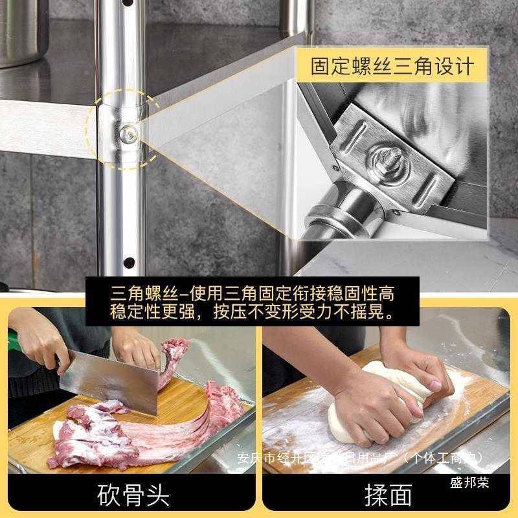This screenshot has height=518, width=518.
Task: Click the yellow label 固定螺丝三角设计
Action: pyautogui.click(x=392, y=67)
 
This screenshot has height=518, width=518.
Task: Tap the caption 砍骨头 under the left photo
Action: pyautogui.click(x=133, y=495)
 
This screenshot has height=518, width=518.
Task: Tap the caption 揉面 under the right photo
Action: pyautogui.click(x=388, y=495)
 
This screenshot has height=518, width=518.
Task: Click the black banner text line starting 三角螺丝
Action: pyautogui.click(x=253, y=292)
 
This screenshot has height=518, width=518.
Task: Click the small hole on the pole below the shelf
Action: pyautogui.click(x=129, y=262)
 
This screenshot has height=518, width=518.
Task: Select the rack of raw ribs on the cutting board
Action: pyautogui.click(x=207, y=414)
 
